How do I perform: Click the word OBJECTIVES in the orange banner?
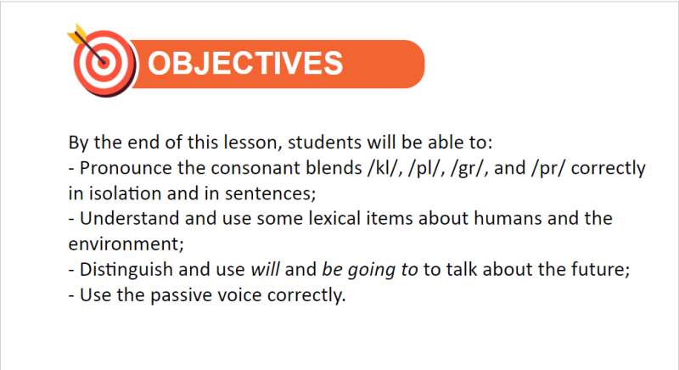(x=245, y=63)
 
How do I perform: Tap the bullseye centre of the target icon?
(x=103, y=61)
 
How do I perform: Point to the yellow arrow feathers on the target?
(x=76, y=35)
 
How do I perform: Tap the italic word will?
(x=265, y=269)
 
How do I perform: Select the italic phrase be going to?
(x=370, y=270)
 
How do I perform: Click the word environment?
(x=123, y=244)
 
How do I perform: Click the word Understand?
(x=130, y=218)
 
